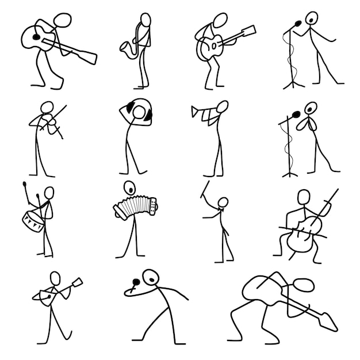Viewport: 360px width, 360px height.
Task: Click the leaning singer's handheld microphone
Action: click(x=134, y=284)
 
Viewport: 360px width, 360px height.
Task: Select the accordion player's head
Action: click(x=130, y=187)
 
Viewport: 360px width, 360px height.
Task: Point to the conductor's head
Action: click(x=223, y=202)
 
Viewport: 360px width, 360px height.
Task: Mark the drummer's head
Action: click(x=49, y=192)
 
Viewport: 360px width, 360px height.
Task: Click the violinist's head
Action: click(x=47, y=109)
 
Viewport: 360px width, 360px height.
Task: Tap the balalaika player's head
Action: click(x=55, y=279)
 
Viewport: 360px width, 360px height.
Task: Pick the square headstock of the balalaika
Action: click(x=77, y=282)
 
